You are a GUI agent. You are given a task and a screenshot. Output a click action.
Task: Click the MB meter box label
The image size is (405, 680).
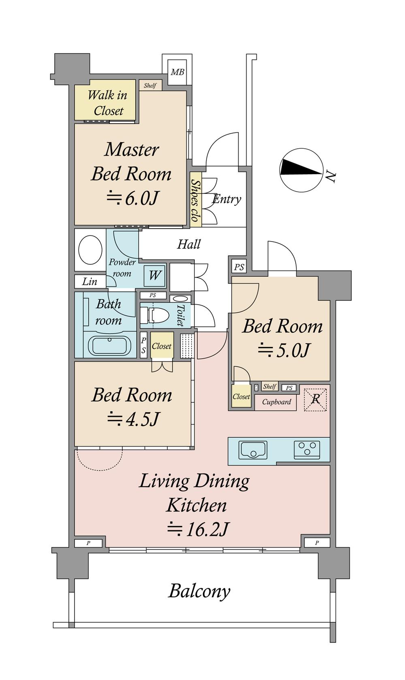click(x=177, y=72)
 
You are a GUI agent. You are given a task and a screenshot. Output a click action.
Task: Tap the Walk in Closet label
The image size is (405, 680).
click(x=107, y=103)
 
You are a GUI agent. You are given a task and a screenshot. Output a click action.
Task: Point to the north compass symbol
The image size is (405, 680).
click(x=301, y=170)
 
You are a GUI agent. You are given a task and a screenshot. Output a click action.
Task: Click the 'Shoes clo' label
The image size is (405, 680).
click(x=196, y=200)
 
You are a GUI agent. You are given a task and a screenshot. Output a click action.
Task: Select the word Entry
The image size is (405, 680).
click(x=227, y=199)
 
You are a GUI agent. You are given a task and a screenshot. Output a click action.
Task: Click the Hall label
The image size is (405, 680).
click(x=189, y=244)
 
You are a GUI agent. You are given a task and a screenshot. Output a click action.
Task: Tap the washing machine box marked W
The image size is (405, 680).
click(x=154, y=276)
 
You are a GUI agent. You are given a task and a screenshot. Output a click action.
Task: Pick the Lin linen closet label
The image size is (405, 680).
click(x=90, y=281)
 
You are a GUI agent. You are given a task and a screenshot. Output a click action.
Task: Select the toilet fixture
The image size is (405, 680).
click(x=154, y=316)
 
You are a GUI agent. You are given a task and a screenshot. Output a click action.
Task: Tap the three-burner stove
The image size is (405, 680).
click(x=307, y=449)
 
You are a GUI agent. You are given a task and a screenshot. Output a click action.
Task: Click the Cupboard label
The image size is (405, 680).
click(x=277, y=402)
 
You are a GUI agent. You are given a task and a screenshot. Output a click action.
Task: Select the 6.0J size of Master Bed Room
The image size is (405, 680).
click(x=132, y=199)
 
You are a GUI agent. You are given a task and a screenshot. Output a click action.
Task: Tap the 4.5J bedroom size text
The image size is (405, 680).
click(x=133, y=419)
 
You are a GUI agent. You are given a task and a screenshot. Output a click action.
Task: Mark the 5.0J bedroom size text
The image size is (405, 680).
click(x=284, y=350)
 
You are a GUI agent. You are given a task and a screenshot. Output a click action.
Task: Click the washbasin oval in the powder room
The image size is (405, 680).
click(x=90, y=250)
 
